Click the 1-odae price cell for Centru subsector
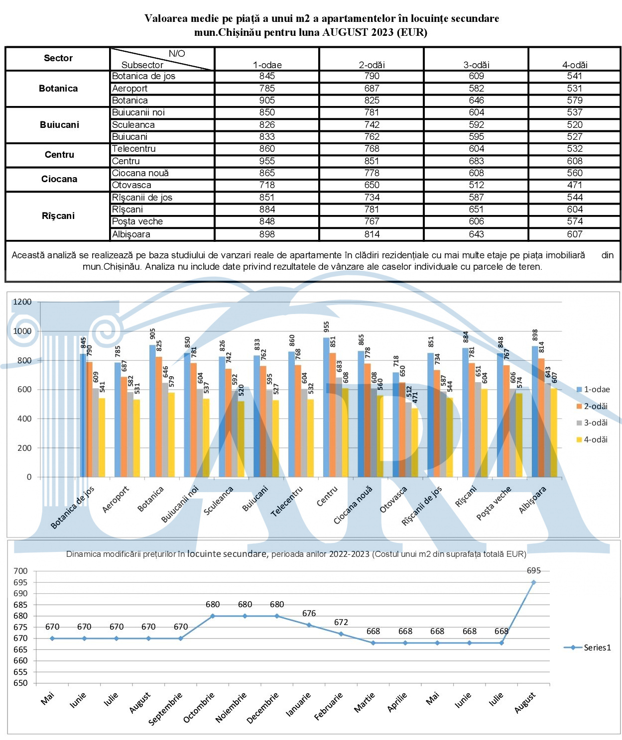[266, 161]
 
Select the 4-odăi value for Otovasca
[575, 185]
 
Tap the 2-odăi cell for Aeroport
[372, 88]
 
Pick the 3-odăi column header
[476, 65]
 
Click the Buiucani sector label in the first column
[59, 125]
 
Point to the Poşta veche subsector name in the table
[137, 221]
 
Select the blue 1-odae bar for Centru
[326, 407]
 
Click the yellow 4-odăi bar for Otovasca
[415, 442]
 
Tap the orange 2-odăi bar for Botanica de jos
[89, 419]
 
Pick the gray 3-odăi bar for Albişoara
[547, 430]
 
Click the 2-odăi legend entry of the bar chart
[592, 406]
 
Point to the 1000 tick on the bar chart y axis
[22, 331]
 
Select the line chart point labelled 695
[533, 582]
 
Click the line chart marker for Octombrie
[213, 616]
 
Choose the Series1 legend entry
[587, 647]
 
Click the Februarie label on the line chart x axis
[329, 706]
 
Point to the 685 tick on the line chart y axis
[20, 605]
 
